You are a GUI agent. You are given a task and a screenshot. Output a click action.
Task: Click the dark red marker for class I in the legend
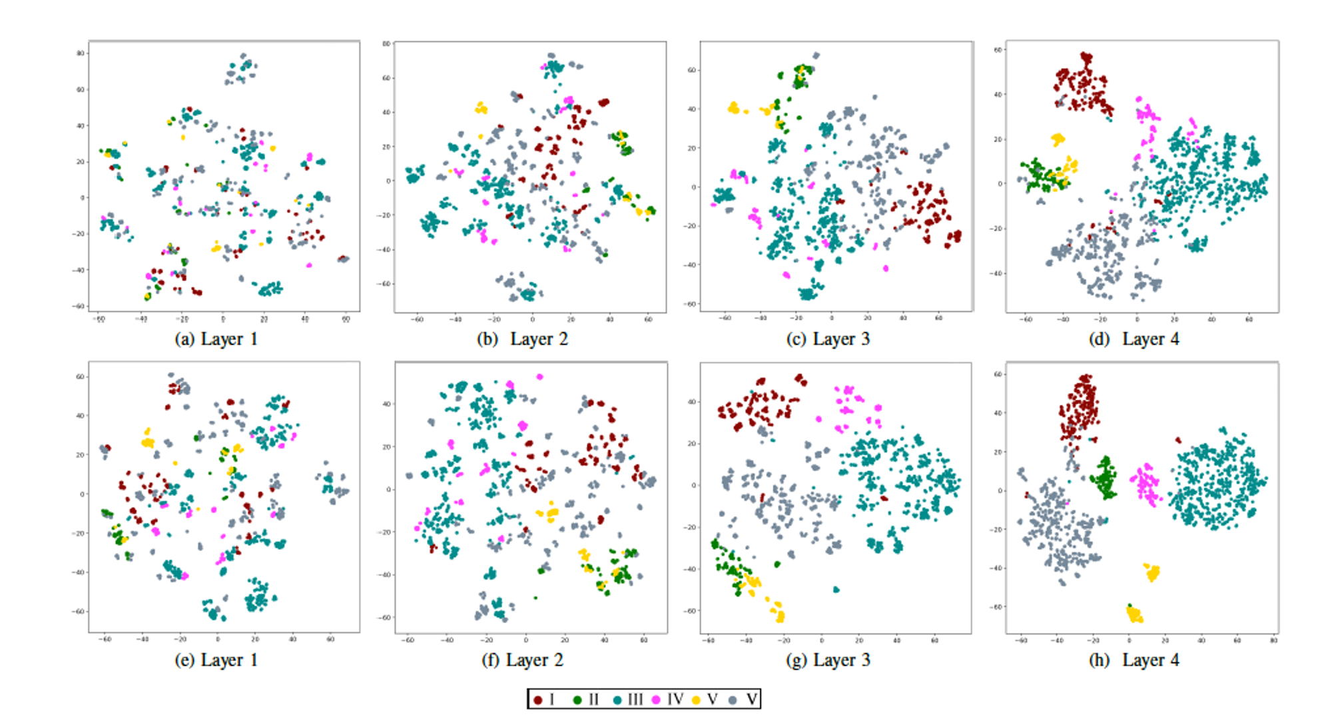tap(537, 700)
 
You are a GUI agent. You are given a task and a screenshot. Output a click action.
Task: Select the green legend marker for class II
tap(577, 700)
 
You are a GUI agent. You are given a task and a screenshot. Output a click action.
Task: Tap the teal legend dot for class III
tap(617, 700)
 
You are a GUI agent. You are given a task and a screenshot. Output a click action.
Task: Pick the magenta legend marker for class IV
tap(656, 700)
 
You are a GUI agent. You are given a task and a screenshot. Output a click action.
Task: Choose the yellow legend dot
tap(696, 700)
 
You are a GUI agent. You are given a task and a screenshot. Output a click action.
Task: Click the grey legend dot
tap(733, 700)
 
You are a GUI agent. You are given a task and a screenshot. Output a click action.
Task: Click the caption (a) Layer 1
tap(216, 339)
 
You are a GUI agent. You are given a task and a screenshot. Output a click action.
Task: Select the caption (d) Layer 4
tap(1134, 339)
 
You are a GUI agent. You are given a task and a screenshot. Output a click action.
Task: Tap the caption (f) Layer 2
tap(522, 660)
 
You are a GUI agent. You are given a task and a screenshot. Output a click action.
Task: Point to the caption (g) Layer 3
tap(828, 660)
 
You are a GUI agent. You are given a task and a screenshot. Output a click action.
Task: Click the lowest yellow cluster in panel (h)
tap(1134, 614)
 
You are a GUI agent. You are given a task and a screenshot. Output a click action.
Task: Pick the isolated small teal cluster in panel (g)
tap(836, 590)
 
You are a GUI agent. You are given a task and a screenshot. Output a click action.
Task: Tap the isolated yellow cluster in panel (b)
tap(481, 107)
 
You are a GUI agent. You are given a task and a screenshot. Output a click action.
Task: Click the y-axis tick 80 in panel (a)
tap(81, 53)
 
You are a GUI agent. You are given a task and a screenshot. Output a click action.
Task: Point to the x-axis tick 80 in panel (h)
tap(1273, 640)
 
